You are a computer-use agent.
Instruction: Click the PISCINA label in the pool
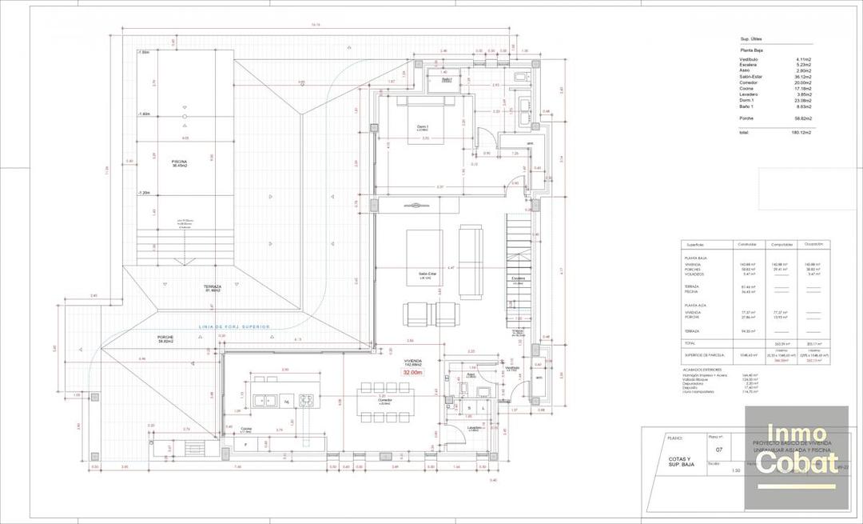[178, 162]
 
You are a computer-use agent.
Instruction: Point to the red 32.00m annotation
[413, 373]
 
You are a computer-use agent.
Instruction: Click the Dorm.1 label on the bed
[423, 126]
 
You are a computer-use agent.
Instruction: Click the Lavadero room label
[474, 428]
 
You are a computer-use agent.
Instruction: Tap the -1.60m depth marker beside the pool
[145, 114]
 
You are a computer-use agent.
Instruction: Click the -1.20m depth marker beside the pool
[145, 193]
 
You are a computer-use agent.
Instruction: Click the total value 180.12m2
[801, 132]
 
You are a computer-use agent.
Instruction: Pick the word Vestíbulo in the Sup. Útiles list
[750, 59]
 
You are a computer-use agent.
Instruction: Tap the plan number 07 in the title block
[718, 450]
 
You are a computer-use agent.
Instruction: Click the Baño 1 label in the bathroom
[447, 80]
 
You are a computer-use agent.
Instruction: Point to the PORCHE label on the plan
[166, 338]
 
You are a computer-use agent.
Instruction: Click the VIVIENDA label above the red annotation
[413, 361]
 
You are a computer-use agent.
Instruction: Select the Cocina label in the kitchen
[247, 429]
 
